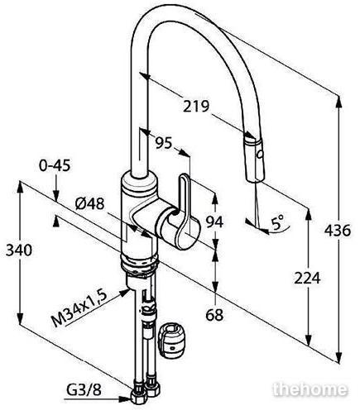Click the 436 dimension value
pos(338,231)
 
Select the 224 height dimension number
pos(307,278)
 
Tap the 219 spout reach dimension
pos(196,107)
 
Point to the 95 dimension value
pos(164,143)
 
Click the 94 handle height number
pos(215,222)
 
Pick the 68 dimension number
pos(214,314)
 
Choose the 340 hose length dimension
pos(19,250)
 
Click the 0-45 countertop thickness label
pos(55,165)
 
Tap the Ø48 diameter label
pos(89,204)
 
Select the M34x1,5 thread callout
pos(79,308)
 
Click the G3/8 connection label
pos(84,389)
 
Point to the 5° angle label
pos(277,222)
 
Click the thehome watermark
pos(310,389)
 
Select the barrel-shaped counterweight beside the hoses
pos(171,341)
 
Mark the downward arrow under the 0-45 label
pos(55,189)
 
